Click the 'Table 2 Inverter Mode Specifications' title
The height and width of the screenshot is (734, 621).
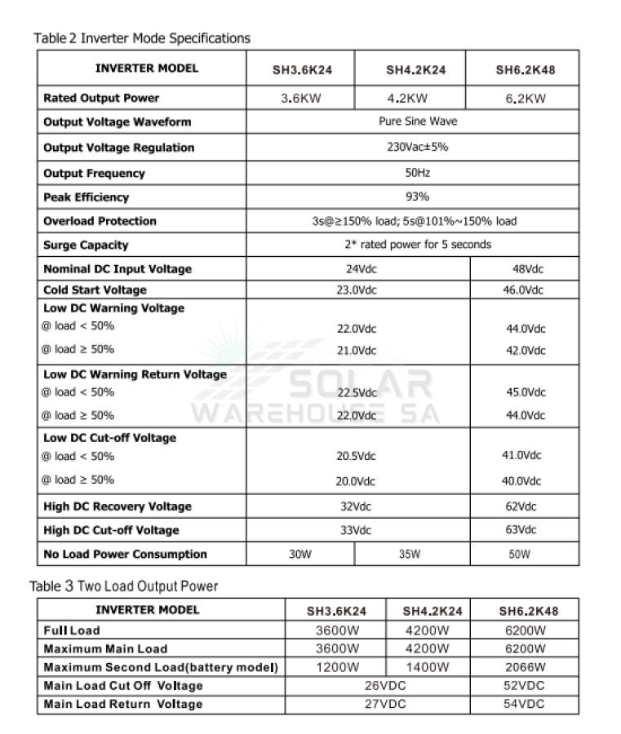point(142,38)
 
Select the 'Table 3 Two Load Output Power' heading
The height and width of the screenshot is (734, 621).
point(124,586)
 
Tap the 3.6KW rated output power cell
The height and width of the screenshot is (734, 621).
point(301,99)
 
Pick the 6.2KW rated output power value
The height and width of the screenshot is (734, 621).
point(525,99)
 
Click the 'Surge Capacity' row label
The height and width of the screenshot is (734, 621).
point(86,245)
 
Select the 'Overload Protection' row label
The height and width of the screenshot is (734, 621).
point(100,221)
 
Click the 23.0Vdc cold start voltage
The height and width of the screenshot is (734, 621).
point(357,290)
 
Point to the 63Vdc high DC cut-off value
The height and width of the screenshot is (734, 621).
point(521,530)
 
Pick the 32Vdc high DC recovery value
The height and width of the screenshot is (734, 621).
point(356,506)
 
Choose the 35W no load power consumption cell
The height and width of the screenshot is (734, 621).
point(409,555)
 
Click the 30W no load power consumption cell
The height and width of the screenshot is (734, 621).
point(300,555)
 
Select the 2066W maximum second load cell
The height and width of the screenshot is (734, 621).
point(524,667)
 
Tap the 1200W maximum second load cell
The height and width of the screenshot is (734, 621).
point(337,667)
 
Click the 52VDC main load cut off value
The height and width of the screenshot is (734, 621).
point(524,686)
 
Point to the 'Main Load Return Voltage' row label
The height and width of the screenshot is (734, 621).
point(122,704)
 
